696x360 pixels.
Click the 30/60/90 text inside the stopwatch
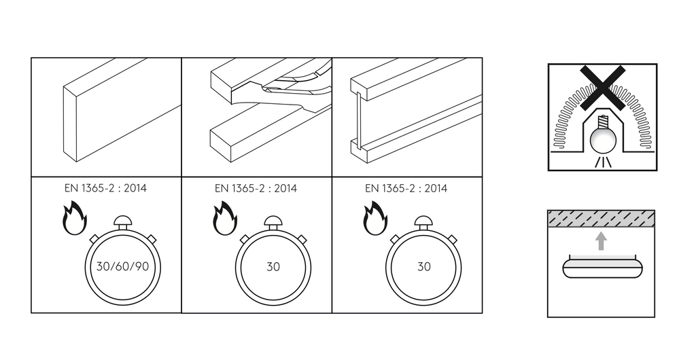tap(122, 266)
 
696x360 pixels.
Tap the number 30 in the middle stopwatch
tap(273, 267)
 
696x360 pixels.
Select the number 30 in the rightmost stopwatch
tap(423, 267)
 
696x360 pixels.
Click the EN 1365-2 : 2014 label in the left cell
tap(105, 188)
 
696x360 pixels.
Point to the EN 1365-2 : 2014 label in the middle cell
tap(256, 188)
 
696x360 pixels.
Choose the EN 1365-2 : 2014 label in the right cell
tap(406, 188)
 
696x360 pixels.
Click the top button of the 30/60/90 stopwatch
tap(122, 221)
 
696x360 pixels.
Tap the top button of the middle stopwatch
tap(273, 221)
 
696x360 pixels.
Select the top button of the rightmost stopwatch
tap(423, 221)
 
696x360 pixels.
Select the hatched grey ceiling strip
tap(601, 218)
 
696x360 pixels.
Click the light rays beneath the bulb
tap(602, 162)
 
